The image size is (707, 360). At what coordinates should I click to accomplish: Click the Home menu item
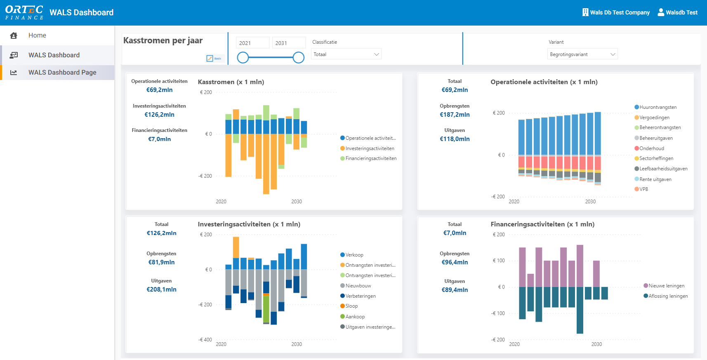pos(37,35)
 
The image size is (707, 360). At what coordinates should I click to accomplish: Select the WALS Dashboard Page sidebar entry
pos(62,73)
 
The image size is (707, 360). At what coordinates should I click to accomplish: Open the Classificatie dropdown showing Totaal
pos(346,54)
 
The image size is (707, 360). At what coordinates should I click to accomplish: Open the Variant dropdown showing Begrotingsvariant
pos(582,54)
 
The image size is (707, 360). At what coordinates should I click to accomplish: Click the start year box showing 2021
pos(252,43)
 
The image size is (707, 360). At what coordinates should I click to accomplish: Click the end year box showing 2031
pos(289,43)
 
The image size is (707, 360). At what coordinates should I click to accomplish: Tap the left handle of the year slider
pos(243,58)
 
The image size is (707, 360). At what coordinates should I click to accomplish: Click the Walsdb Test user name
pos(681,13)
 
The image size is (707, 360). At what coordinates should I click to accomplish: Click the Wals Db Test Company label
pos(619,13)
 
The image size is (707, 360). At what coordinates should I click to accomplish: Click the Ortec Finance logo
pos(24,12)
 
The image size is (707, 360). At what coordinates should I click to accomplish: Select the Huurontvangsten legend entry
pos(658,107)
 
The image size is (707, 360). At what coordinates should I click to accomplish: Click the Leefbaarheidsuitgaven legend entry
pos(663,169)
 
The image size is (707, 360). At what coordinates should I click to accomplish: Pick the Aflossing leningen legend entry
pos(667,296)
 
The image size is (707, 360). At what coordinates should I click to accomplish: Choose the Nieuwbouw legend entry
pos(358,286)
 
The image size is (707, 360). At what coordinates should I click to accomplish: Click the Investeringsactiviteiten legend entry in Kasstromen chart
pos(369,148)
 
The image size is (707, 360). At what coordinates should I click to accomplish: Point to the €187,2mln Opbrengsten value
pos(455,115)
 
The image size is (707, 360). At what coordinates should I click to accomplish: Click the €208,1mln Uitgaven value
pos(161,289)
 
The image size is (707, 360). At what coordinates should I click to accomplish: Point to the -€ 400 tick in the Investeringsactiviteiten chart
pos(205,340)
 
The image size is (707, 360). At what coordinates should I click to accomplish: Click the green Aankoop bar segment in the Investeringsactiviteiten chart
pos(266,309)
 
